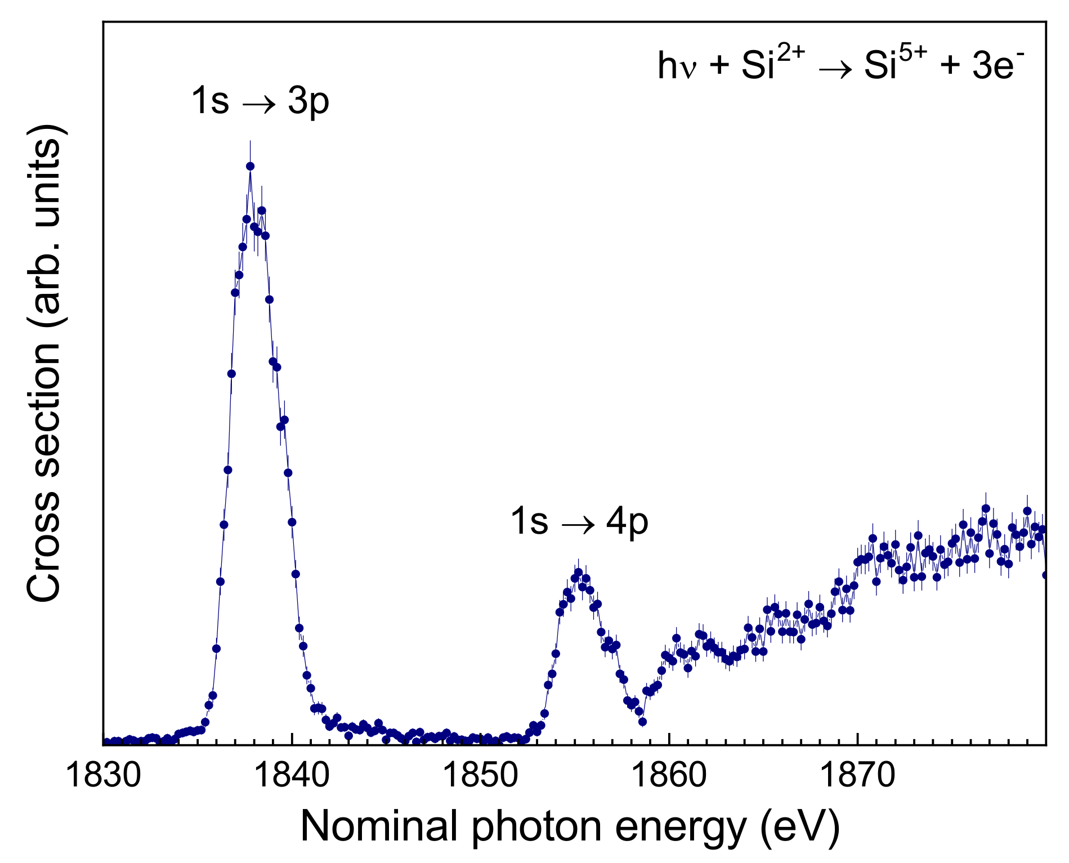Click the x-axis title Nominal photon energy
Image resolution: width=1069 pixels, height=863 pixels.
(x=570, y=827)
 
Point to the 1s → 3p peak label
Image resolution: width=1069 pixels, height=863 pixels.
(x=260, y=101)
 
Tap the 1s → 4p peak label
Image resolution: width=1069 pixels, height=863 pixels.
(x=579, y=521)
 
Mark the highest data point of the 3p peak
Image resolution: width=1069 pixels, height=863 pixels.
(x=250, y=166)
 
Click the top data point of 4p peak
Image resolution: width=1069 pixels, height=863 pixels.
(x=578, y=572)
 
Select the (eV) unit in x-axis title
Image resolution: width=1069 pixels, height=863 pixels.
(x=799, y=827)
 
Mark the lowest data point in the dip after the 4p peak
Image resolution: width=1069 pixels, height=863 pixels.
(x=642, y=722)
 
